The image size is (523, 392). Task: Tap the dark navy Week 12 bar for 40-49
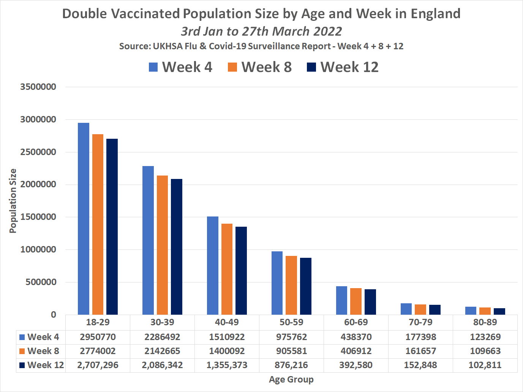click(241, 271)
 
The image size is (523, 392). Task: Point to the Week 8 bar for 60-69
click(356, 301)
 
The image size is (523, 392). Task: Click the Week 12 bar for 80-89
click(499, 311)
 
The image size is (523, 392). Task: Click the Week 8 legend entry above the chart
click(260, 67)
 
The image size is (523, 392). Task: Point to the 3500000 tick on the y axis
click(38, 87)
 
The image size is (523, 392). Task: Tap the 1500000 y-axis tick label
click(38, 217)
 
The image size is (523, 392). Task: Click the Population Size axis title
click(13, 201)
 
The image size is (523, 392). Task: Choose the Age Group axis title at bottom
click(291, 379)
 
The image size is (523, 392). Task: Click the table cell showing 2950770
click(98, 337)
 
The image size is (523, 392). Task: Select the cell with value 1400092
click(227, 351)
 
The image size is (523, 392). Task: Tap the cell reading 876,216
click(291, 365)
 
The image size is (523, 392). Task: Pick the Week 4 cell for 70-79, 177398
click(420, 337)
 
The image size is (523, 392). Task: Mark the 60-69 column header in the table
click(356, 322)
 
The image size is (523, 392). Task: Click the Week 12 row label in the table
click(42, 365)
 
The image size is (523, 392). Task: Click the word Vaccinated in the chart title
click(145, 14)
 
